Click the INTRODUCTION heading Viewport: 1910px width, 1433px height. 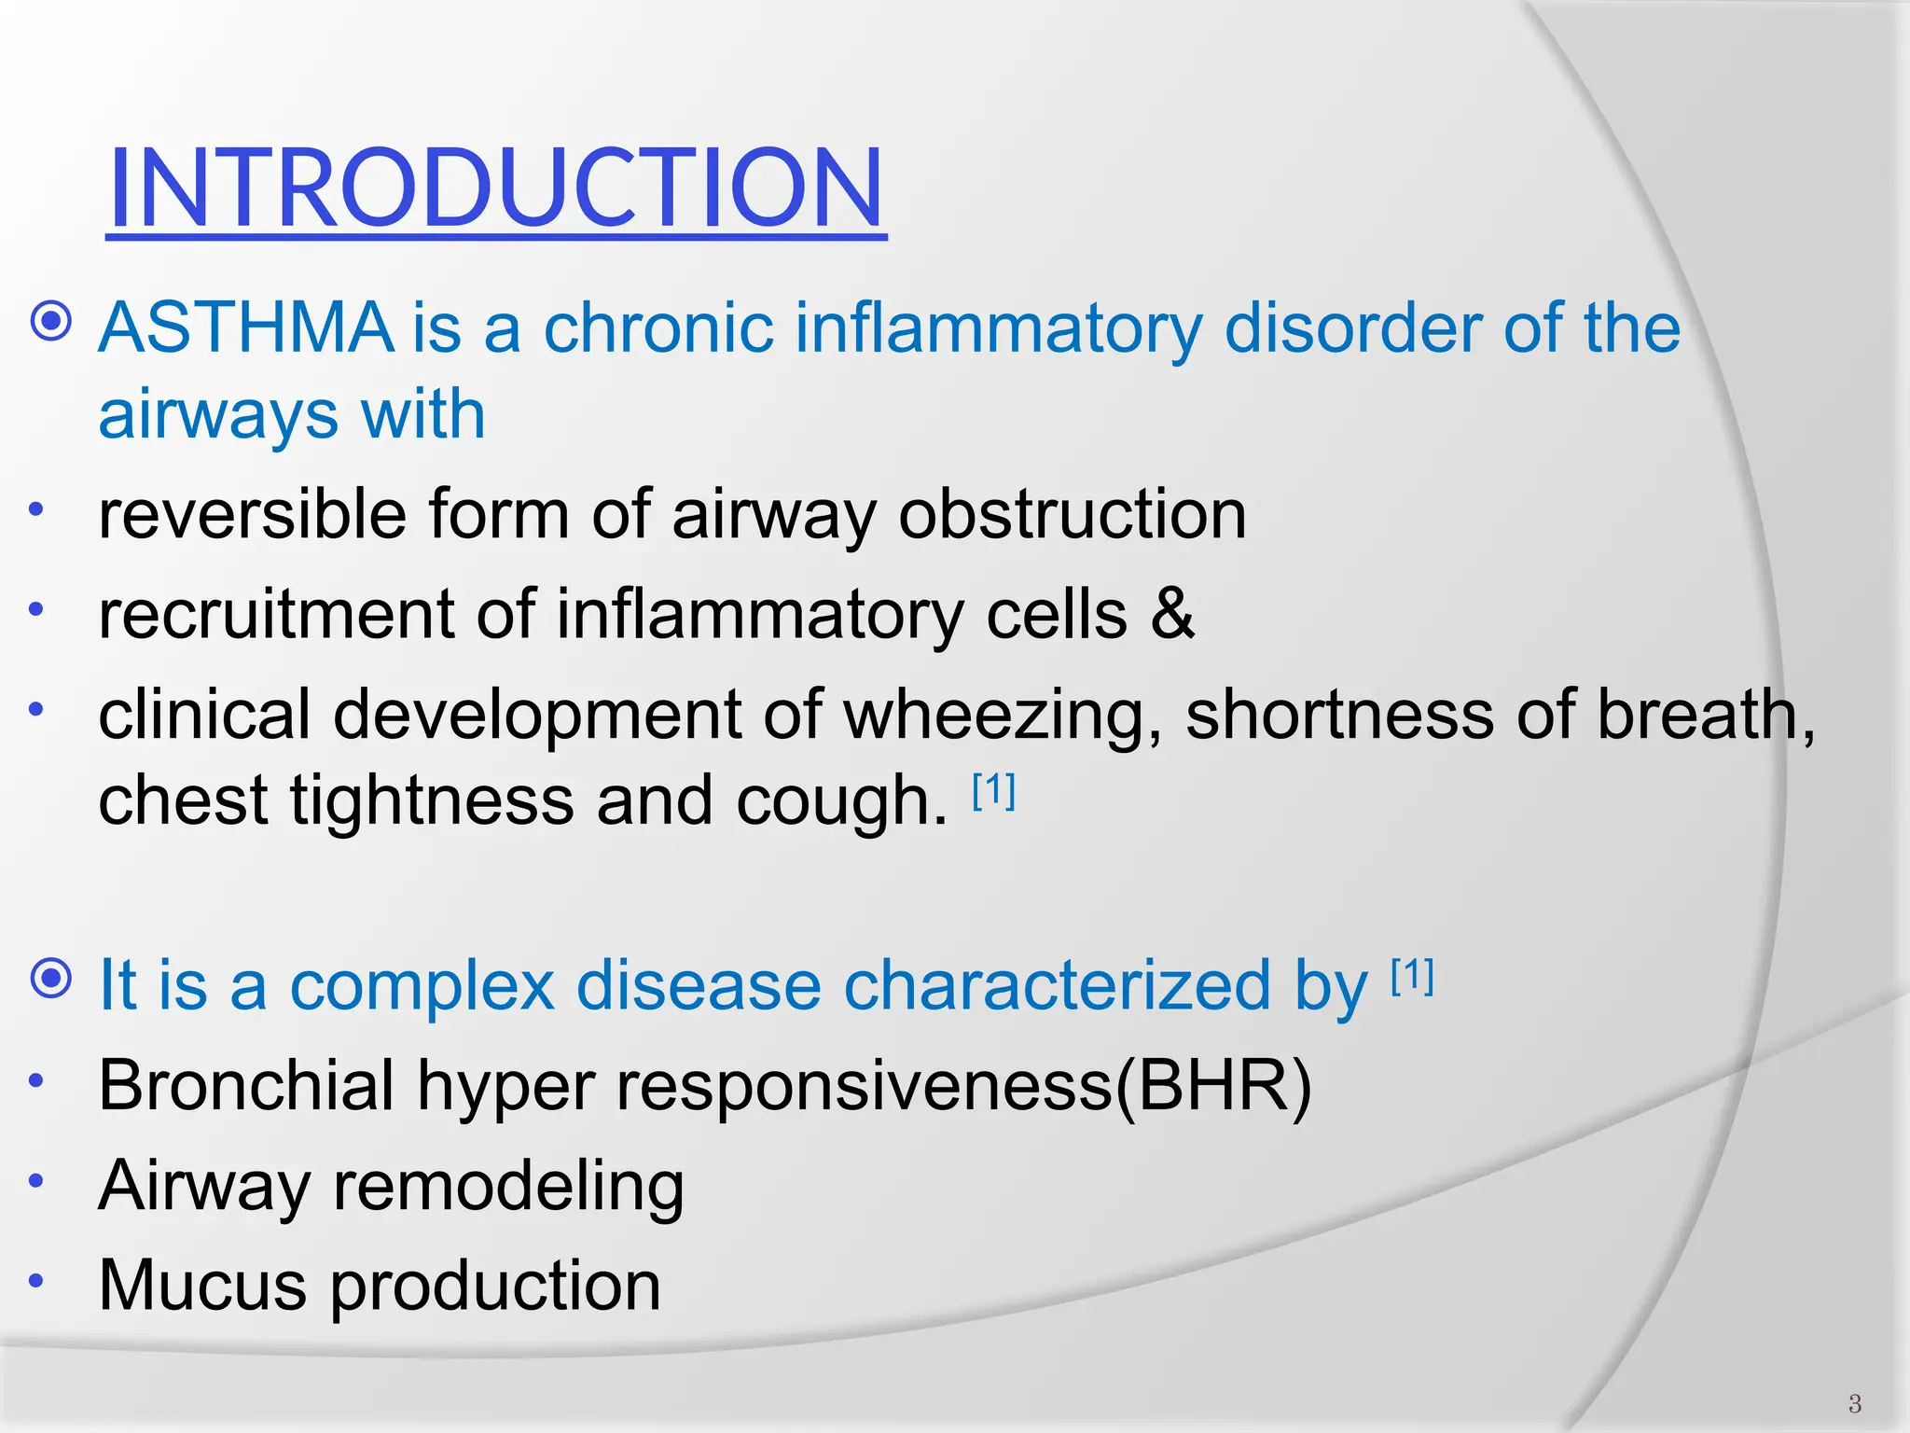coord(495,188)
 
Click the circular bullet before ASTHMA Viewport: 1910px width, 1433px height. coord(51,323)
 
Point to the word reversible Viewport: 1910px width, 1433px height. coord(252,515)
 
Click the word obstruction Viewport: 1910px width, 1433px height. coord(1072,515)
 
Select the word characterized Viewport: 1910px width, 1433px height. coord(1056,985)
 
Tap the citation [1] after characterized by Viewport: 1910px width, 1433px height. coord(1412,977)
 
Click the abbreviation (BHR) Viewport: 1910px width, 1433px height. coord(1213,1086)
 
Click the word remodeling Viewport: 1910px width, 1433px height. coord(508,1187)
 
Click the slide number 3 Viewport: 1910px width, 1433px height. coord(1854,1403)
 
